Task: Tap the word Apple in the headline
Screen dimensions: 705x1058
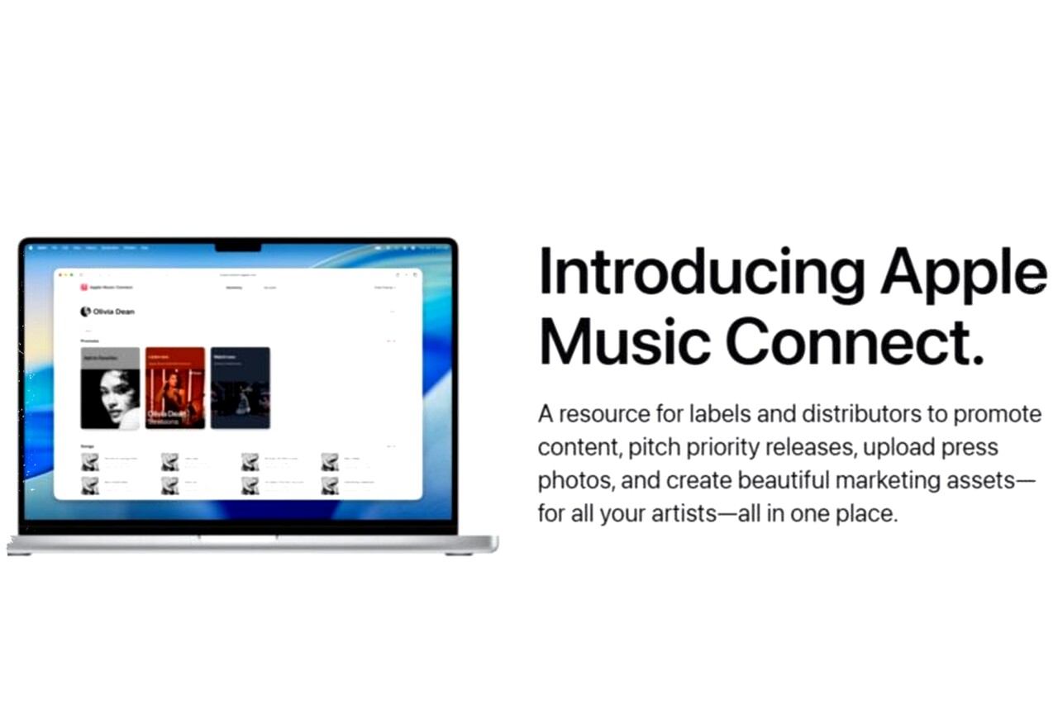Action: (x=962, y=274)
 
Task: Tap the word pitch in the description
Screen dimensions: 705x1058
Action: (x=655, y=447)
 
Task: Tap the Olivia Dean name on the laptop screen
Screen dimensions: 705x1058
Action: (x=114, y=312)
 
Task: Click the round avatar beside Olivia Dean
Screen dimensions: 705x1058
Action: (x=85, y=312)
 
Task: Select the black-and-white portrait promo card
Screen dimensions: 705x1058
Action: (x=110, y=388)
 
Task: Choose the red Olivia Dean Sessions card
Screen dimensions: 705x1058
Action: (x=175, y=388)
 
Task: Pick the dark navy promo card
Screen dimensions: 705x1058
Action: (x=240, y=388)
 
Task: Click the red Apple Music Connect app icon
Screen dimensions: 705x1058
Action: (x=83, y=288)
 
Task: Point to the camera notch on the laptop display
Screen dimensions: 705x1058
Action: (x=238, y=246)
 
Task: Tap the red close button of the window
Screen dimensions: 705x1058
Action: (x=60, y=274)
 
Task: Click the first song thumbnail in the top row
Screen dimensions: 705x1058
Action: (x=89, y=461)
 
